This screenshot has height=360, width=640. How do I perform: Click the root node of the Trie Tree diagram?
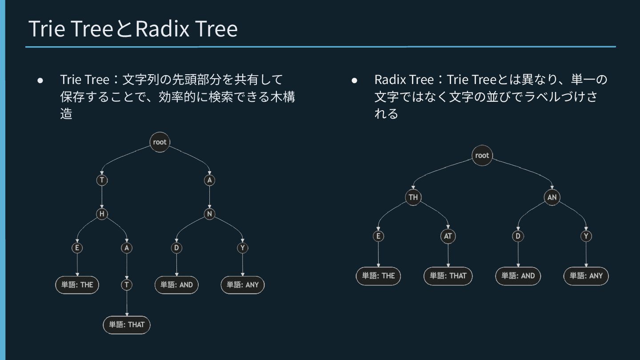click(x=160, y=142)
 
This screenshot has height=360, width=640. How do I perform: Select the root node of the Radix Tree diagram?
click(x=482, y=156)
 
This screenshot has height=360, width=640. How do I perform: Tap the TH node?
click(x=413, y=197)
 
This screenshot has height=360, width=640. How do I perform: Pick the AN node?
click(x=552, y=197)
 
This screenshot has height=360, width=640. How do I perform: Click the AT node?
click(x=448, y=236)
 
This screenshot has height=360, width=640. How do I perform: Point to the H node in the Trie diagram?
click(x=102, y=214)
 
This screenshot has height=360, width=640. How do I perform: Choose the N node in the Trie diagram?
click(x=210, y=214)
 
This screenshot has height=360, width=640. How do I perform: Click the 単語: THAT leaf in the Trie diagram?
click(x=127, y=325)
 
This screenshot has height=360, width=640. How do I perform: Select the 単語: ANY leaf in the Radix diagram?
click(x=586, y=276)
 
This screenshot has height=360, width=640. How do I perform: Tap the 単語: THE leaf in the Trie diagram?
click(x=77, y=285)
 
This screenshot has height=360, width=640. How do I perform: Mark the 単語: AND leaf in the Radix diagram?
click(x=518, y=276)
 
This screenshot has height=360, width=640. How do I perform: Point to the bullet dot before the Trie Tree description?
click(x=40, y=80)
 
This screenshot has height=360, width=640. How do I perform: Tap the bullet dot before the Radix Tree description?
click(x=354, y=80)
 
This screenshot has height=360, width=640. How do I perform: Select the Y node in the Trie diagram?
click(x=242, y=248)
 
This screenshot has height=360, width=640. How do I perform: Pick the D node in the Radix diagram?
click(x=518, y=236)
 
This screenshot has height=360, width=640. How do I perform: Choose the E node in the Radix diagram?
click(x=378, y=236)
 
